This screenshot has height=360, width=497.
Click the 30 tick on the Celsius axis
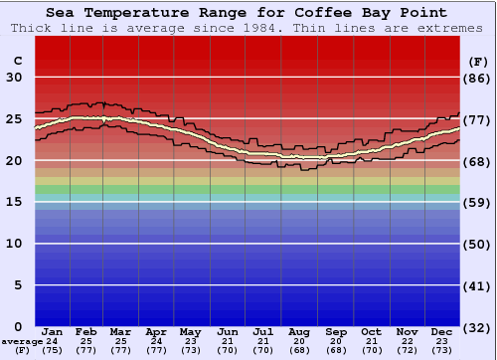tap(15, 78)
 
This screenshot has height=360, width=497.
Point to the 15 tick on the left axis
tap(15, 202)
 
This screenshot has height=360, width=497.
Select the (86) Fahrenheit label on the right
tap(477, 78)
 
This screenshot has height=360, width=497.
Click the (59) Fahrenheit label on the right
tap(477, 202)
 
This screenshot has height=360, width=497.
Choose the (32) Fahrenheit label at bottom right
tap(477, 327)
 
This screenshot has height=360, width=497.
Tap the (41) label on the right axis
tap(477, 285)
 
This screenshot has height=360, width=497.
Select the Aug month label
tap(300, 331)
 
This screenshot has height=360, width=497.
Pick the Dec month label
tap(441, 331)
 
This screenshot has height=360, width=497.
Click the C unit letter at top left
tap(17, 62)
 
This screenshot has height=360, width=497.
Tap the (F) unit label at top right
tap(477, 62)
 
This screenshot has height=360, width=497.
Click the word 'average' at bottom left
tap(22, 341)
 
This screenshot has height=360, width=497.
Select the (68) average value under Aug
tap(300, 350)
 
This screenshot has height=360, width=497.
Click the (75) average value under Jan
tap(53, 350)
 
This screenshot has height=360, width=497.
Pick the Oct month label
tap(371, 331)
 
